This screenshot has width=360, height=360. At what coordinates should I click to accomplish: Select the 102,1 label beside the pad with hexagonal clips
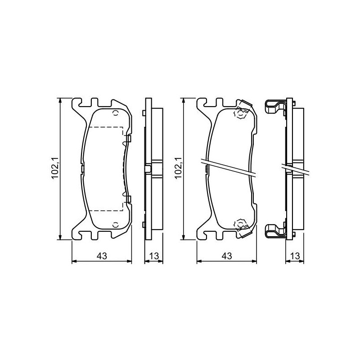pyautogui.click(x=178, y=168)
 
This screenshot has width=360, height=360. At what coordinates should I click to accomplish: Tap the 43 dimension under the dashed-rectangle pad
pyautogui.click(x=102, y=256)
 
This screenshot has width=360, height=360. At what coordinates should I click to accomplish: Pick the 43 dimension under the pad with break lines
pyautogui.click(x=227, y=256)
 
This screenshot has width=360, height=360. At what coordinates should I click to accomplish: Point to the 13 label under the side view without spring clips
pyautogui.click(x=154, y=256)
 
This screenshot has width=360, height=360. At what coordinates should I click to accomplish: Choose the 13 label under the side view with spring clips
pyautogui.click(x=295, y=256)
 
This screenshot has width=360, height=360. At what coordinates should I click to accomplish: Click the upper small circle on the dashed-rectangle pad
pyautogui.click(x=116, y=113)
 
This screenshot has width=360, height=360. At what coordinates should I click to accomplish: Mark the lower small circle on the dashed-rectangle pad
pyautogui.click(x=116, y=225)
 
